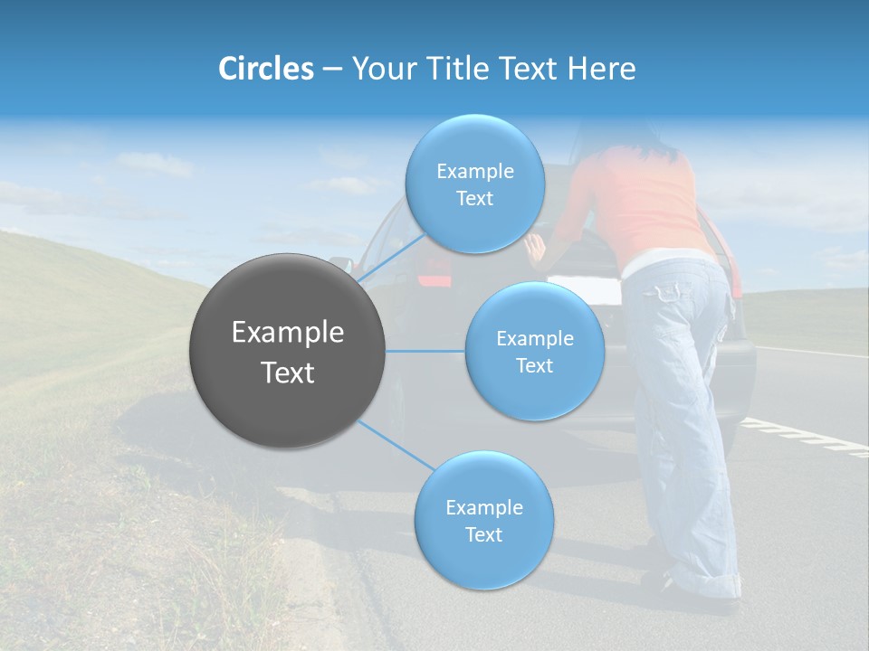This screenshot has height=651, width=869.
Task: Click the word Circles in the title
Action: click(x=265, y=69)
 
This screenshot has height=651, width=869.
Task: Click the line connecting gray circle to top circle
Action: click(x=389, y=257)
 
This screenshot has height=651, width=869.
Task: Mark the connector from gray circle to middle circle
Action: click(x=425, y=351)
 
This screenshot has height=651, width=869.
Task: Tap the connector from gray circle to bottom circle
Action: click(x=395, y=444)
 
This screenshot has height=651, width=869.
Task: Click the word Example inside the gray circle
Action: click(x=287, y=333)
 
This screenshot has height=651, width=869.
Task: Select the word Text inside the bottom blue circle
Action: click(x=483, y=534)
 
